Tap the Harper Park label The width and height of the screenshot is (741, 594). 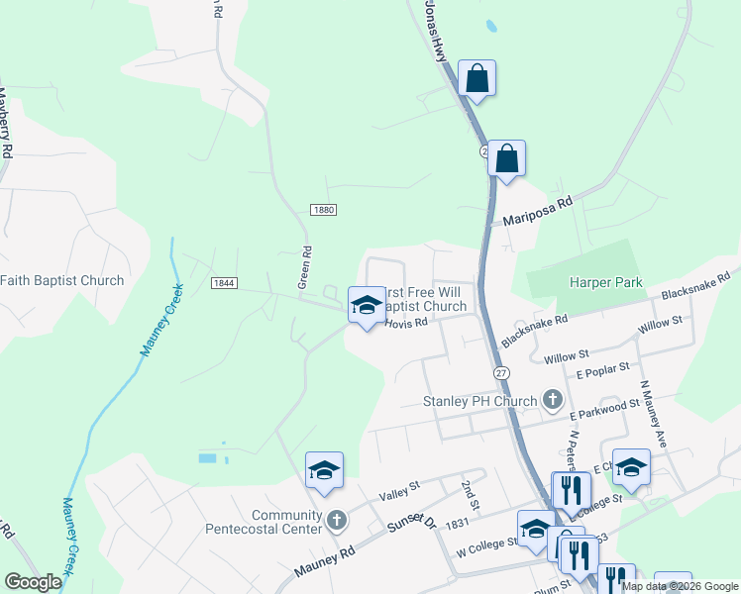click(x=606, y=282)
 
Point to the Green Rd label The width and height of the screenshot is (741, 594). click(x=306, y=267)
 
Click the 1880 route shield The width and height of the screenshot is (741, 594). click(x=323, y=210)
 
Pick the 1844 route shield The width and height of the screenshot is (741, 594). click(x=224, y=283)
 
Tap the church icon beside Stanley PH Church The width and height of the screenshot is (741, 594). click(x=553, y=401)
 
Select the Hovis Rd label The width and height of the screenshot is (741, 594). click(x=405, y=323)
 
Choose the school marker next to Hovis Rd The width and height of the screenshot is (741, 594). click(x=366, y=305)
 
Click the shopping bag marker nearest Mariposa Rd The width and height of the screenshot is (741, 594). click(x=506, y=158)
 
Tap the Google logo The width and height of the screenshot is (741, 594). click(x=33, y=582)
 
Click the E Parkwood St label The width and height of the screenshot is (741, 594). click(x=604, y=405)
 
